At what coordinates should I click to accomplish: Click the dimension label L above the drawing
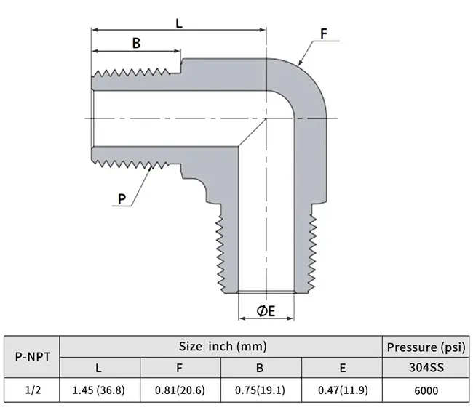click(x=179, y=23)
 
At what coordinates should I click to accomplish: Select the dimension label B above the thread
click(x=136, y=43)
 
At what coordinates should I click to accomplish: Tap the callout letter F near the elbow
click(x=324, y=33)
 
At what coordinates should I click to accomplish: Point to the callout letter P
click(x=122, y=199)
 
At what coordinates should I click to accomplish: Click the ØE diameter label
click(x=266, y=311)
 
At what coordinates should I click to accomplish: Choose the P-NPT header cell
click(x=33, y=357)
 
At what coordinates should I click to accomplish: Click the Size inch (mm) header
click(x=223, y=347)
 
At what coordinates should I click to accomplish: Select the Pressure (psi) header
click(x=426, y=347)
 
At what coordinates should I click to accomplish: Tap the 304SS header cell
click(x=426, y=368)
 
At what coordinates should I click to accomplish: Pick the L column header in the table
click(x=98, y=368)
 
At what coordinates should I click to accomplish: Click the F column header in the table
click(x=179, y=368)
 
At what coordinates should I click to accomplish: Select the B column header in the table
click(x=260, y=368)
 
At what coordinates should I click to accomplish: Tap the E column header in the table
click(x=343, y=368)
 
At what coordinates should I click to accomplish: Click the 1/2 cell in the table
click(x=33, y=390)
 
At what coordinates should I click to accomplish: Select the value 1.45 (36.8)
click(x=99, y=390)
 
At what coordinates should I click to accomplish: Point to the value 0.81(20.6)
click(x=180, y=390)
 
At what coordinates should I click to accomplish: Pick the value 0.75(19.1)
click(x=260, y=390)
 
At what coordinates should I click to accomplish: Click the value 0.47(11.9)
click(x=343, y=390)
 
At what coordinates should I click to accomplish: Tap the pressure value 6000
click(x=426, y=390)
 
